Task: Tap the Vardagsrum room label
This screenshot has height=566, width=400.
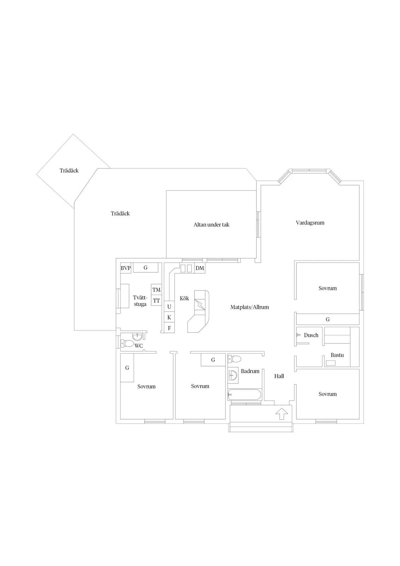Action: [310, 223]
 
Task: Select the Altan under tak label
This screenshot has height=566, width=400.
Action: [211, 225]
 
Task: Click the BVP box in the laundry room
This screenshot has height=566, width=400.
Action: [125, 268]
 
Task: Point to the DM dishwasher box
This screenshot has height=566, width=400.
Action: [200, 268]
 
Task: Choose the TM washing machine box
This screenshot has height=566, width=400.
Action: [157, 290]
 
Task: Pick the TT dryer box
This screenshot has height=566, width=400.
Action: [157, 300]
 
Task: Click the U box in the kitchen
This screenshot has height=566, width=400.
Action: [169, 306]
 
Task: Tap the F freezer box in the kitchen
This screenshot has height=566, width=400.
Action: [169, 328]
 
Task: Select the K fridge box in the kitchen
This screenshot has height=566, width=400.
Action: [169, 317]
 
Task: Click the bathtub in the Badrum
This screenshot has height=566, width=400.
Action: [245, 395]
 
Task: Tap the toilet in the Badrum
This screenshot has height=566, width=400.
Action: [234, 359]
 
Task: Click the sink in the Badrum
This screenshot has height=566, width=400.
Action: [233, 375]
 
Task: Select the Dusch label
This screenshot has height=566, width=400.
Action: [311, 335]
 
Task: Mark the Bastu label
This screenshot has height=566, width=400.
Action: [337, 355]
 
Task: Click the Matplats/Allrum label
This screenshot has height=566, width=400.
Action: [249, 307]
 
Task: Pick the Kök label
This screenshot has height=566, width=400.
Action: [184, 298]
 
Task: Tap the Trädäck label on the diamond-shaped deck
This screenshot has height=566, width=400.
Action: [69, 171]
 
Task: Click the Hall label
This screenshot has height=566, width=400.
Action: [279, 376]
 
